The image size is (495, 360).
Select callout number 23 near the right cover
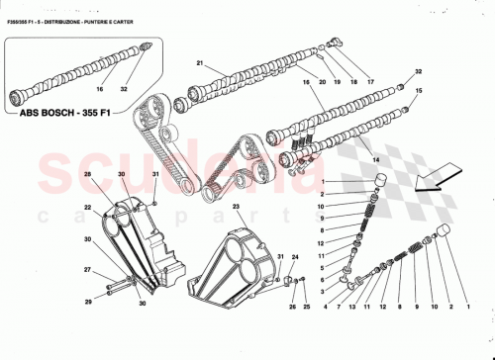237,207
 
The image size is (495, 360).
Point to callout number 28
87,174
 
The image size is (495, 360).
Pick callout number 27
87,270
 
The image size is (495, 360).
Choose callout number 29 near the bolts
87,301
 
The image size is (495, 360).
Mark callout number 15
418,90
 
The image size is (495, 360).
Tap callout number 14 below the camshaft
374,157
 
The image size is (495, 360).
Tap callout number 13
349,308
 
